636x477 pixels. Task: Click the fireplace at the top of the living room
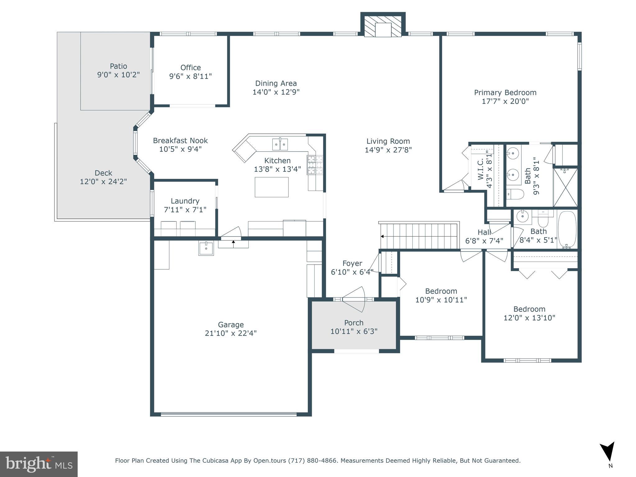click(383, 27)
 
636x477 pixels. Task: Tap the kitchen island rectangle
click(271, 187)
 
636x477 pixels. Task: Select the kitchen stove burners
click(315, 165)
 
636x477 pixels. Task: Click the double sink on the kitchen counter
click(280, 144)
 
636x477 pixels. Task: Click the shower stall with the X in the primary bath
click(565, 188)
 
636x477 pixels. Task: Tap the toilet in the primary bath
click(515, 194)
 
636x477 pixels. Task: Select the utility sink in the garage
click(206, 248)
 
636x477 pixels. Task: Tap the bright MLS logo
click(39, 464)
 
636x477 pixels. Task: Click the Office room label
click(190, 68)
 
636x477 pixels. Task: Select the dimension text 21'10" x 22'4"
click(231, 333)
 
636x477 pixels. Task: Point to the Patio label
click(118, 66)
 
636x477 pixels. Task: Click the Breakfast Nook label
click(180, 141)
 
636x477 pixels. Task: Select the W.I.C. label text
click(480, 169)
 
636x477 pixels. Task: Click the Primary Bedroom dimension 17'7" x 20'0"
click(505, 101)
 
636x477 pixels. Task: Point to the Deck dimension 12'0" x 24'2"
click(103, 182)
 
